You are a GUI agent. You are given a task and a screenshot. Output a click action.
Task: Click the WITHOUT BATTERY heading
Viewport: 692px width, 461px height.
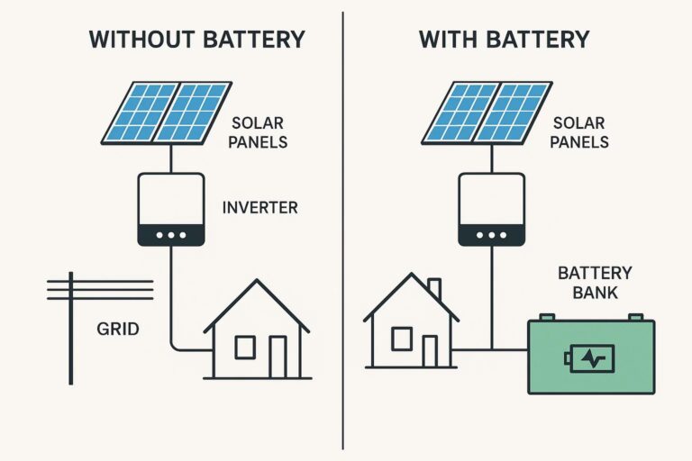tap(196, 40)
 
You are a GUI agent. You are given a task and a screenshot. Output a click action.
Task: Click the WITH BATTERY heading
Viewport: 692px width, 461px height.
tap(505, 40)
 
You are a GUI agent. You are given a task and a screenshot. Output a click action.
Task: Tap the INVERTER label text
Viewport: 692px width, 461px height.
tap(259, 208)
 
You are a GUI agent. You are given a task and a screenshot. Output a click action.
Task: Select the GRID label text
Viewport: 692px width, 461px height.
tap(118, 329)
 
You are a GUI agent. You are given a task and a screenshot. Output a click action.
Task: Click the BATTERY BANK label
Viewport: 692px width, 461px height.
tap(595, 283)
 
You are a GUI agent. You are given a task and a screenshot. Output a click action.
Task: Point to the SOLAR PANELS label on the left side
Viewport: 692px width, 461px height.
tap(260, 132)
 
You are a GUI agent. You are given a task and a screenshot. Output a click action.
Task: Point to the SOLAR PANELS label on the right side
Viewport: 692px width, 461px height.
tap(580, 132)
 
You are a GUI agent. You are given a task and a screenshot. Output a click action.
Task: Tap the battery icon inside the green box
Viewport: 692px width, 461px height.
tap(589, 357)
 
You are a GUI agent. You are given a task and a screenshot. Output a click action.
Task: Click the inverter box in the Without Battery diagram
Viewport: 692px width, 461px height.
tap(171, 209)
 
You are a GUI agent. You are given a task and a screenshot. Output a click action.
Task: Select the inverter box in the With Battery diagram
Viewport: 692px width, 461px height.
tap(492, 209)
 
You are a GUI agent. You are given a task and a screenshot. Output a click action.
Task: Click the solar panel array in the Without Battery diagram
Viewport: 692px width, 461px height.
tap(168, 113)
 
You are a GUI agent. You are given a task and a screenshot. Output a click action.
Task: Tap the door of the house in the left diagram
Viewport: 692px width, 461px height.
tap(278, 357)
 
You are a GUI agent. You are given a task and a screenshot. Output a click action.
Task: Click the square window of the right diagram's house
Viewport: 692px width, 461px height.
tap(402, 339)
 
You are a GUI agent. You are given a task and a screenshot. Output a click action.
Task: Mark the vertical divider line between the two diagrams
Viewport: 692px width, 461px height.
tap(343, 230)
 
